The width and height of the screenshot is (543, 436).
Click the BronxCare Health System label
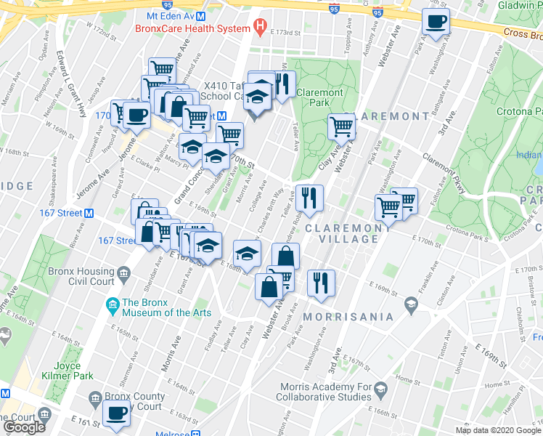pyautogui.click(x=192, y=29)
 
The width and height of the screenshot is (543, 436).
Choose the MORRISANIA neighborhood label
pyautogui.click(x=348, y=317)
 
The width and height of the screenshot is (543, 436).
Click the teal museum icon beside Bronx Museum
pyautogui.click(x=113, y=304)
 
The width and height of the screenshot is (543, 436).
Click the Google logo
pyautogui.click(x=25, y=427)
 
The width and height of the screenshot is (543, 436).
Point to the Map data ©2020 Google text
pyautogui.click(x=498, y=430)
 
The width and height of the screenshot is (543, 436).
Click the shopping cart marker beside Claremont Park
pyautogui.click(x=341, y=126)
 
